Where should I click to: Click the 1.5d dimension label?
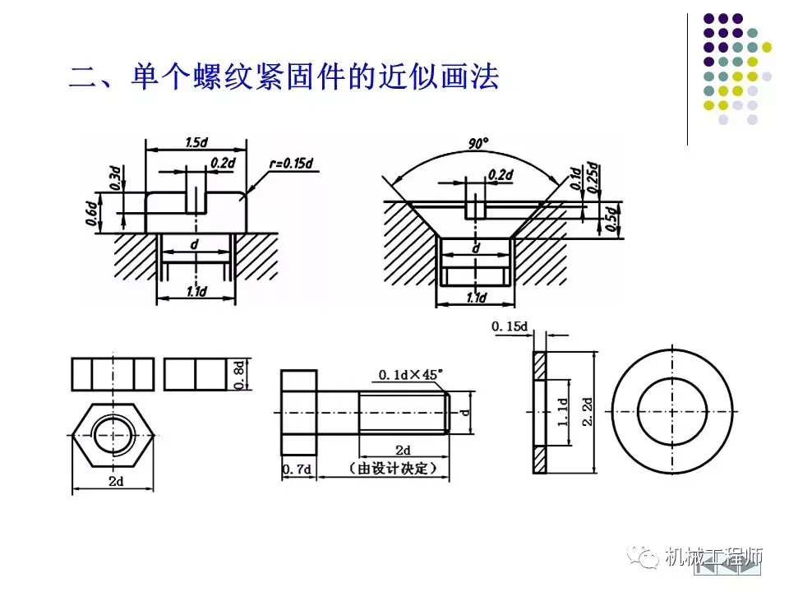tap(196, 142)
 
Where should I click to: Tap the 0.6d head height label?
tap(92, 213)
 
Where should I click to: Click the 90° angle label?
tap(478, 144)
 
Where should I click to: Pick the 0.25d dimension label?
tap(594, 177)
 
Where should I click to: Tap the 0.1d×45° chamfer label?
tap(410, 375)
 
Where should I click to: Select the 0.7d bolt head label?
tap(296, 469)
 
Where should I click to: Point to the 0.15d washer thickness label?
tap(510, 327)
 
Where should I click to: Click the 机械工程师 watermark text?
tap(714, 557)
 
